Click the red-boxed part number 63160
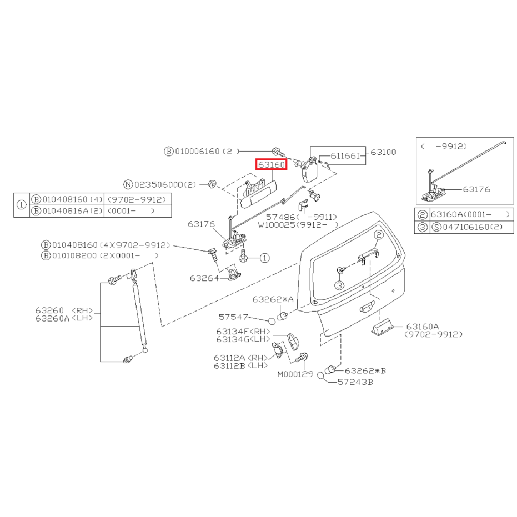tap(272, 164)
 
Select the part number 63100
tap(383, 152)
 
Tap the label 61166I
tap(344, 155)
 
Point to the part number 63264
tap(204, 278)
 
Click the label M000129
tap(295, 374)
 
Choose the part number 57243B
tap(355, 382)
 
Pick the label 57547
tap(233, 317)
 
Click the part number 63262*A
tap(273, 299)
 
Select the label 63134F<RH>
tap(243, 332)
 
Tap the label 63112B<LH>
tap(240, 365)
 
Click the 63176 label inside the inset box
tap(476, 189)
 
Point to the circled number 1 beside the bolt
tap(264, 258)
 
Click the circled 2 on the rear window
tap(379, 235)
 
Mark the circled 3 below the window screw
tap(339, 285)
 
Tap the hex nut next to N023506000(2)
tap(213, 184)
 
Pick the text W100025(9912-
tap(298, 225)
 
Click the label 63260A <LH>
tap(64, 318)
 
